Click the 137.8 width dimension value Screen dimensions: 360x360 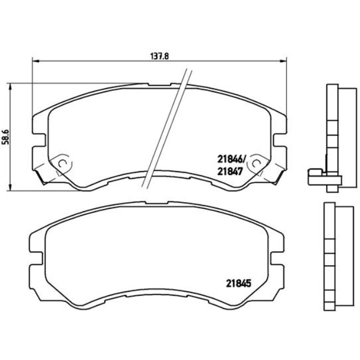[x=159, y=55]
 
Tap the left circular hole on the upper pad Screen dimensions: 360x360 [x=63, y=163]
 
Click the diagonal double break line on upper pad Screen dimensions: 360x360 [x=165, y=130]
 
